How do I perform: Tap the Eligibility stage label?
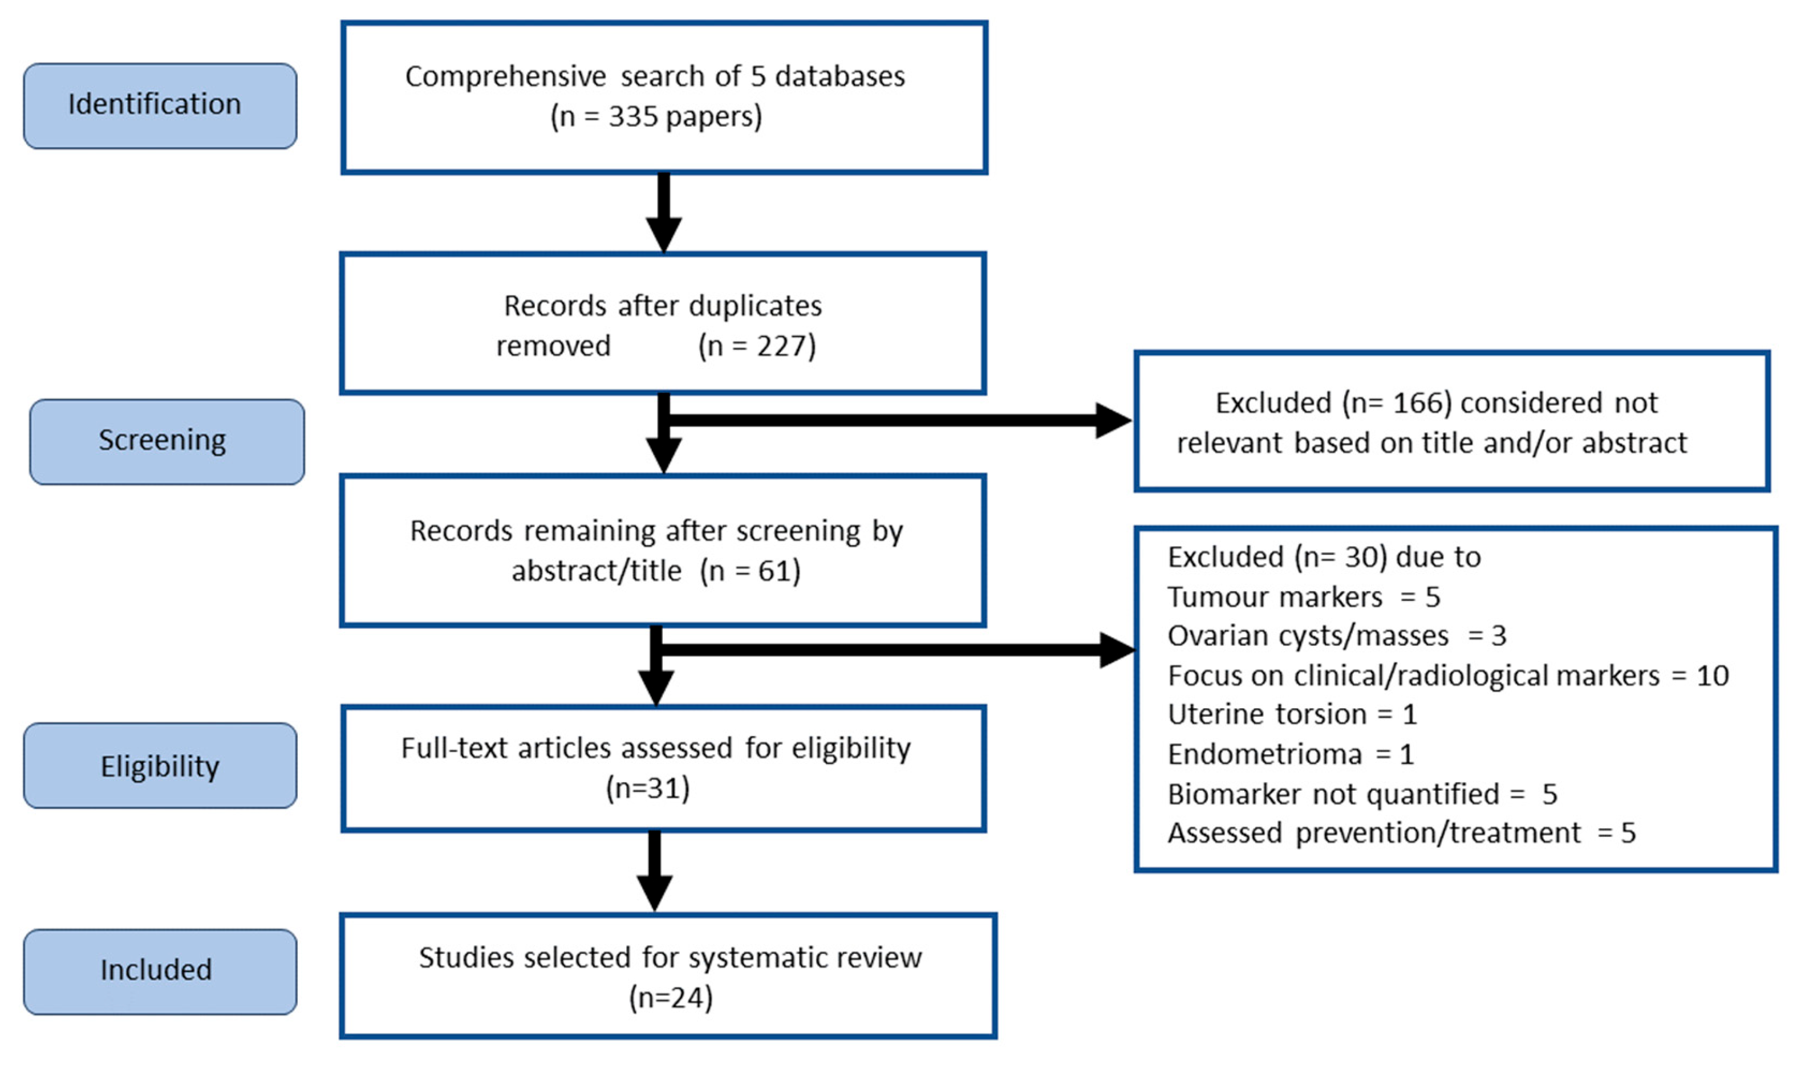click(159, 766)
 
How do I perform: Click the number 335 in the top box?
click(633, 116)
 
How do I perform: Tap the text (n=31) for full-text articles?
click(647, 788)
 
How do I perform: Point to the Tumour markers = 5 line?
click(1303, 597)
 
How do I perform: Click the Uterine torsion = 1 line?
click(1291, 714)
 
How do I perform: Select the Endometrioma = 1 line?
click(1289, 754)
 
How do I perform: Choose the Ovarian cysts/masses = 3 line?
click(1336, 636)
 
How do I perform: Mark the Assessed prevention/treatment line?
click(1401, 833)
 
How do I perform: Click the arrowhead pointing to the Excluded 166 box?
click(1112, 421)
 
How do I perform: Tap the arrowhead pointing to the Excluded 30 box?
click(1117, 650)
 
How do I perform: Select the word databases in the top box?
click(839, 76)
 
